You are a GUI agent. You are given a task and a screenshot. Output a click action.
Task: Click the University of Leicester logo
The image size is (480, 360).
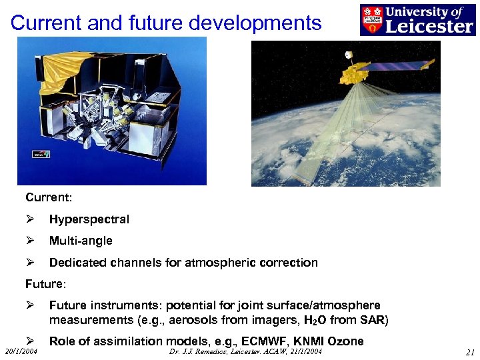pos(417,19)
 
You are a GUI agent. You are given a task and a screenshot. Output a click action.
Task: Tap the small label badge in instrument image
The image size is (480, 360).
pos(41,154)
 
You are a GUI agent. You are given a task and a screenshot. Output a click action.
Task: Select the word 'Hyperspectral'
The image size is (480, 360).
pos(89,219)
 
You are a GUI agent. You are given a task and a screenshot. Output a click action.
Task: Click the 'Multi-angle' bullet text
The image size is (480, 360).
pos(81,241)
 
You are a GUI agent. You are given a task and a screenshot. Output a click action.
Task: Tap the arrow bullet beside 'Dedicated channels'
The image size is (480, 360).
pos(29,262)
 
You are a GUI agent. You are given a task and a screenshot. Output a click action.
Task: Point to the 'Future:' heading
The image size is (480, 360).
pos(46,284)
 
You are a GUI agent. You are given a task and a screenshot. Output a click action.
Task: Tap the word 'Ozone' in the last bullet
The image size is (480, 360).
pos(343,341)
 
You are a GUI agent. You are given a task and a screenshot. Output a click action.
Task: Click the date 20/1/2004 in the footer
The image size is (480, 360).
pos(21,351)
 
